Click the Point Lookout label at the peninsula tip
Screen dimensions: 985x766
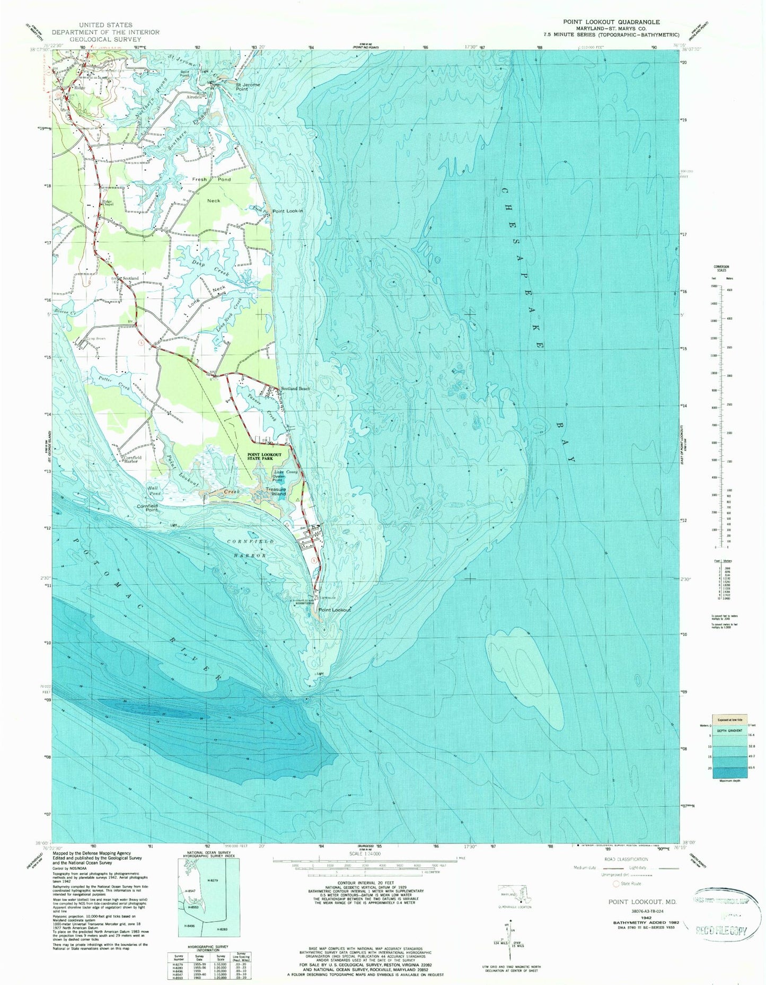(334, 610)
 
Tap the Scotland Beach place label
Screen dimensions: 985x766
(295, 389)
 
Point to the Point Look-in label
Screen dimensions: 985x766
(288, 212)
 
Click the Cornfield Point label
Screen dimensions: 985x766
(147, 507)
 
